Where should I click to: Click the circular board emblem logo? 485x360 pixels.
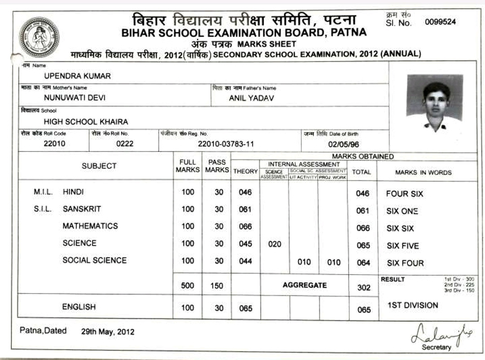(39, 37)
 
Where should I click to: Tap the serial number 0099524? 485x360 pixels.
(441, 22)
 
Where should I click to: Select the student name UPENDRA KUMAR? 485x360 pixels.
(77, 76)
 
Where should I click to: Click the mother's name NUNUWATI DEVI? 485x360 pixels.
(75, 98)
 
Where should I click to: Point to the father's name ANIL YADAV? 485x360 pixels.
(251, 98)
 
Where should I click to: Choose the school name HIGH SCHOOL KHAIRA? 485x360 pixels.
(86, 121)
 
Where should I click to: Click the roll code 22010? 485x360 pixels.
(54, 144)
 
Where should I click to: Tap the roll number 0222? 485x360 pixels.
(124, 144)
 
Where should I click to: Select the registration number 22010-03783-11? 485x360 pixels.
(226, 144)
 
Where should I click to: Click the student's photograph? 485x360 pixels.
(434, 103)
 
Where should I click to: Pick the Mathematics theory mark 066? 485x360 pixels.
(245, 227)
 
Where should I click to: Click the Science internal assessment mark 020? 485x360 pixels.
(274, 244)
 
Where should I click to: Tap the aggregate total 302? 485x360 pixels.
(364, 288)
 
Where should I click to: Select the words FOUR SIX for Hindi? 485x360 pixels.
(404, 194)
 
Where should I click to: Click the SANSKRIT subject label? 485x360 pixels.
(82, 209)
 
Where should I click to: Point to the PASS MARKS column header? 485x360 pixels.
(217, 166)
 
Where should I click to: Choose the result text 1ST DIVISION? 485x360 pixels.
(412, 305)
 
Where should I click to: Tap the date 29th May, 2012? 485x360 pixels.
(107, 332)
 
